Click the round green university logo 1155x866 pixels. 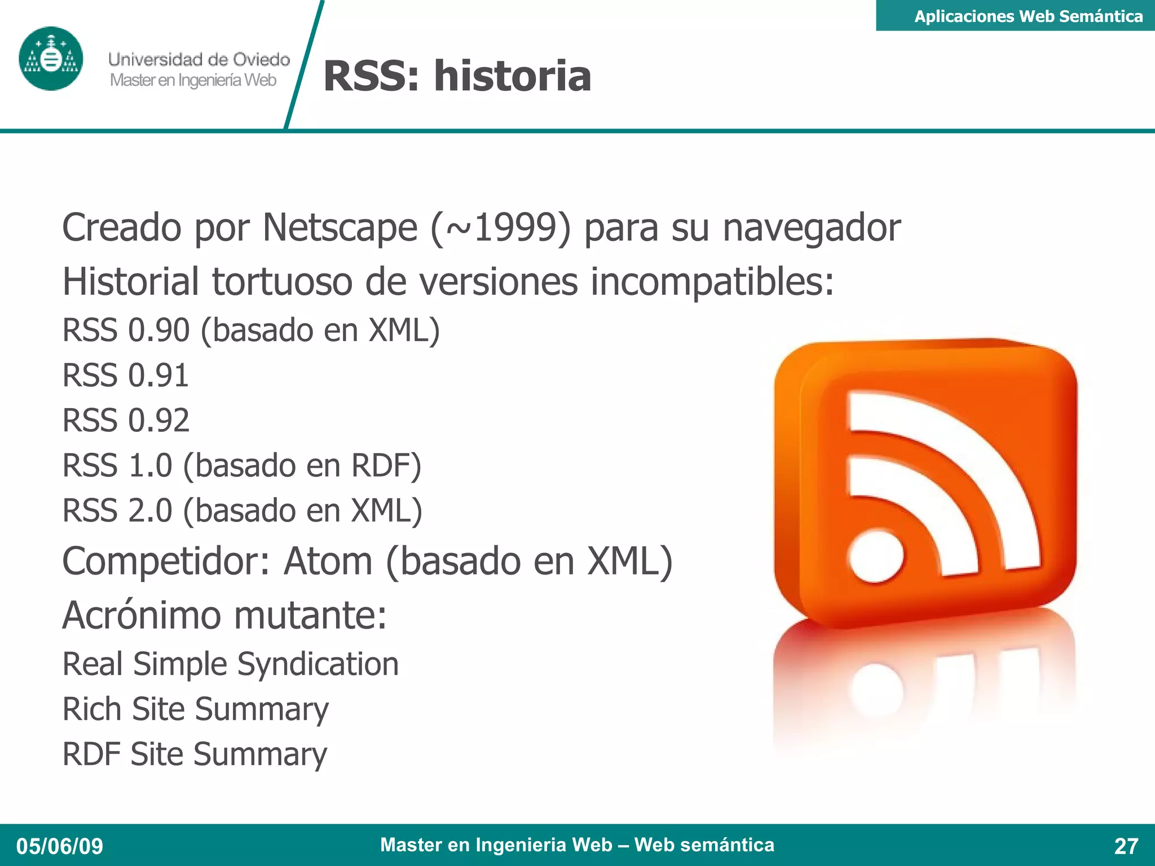point(51,59)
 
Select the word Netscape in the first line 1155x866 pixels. point(340,228)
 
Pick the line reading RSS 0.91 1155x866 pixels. point(125,375)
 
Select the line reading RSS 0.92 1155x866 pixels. point(126,421)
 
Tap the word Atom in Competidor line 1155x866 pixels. point(328,562)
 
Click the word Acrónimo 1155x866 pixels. point(142,615)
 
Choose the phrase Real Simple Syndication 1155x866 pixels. point(230,664)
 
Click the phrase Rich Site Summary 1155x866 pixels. point(195,709)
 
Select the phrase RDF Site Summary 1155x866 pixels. point(195,754)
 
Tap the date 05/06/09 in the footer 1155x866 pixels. point(60,846)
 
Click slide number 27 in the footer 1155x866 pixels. point(1126,846)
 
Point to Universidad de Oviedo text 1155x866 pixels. point(199,59)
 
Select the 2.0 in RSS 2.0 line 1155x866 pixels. point(150,511)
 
